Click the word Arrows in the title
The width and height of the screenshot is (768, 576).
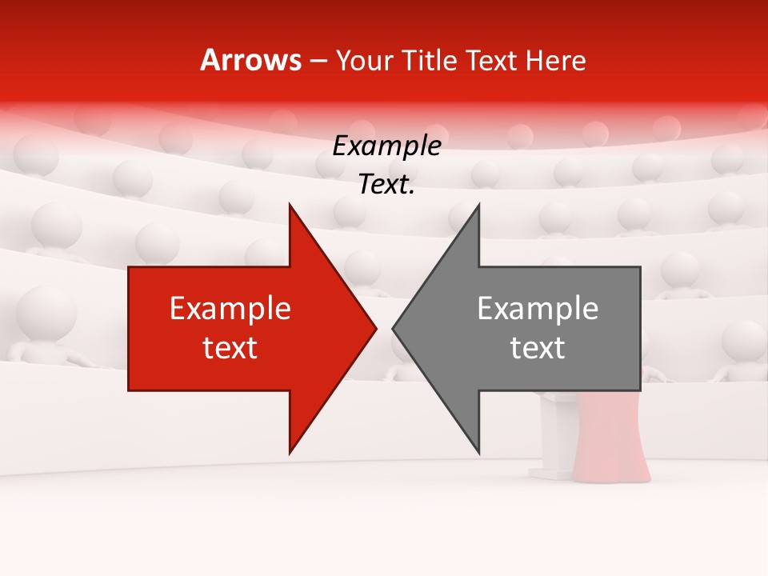coord(251,60)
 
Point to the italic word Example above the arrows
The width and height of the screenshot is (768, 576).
coord(386,146)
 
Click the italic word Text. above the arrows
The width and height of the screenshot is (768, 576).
coord(386,185)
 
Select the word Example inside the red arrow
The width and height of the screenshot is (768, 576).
coord(230,309)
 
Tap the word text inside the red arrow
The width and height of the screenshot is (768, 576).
coord(230,348)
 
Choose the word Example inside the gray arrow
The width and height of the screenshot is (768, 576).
coord(538,309)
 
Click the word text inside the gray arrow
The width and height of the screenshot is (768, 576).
coord(538,348)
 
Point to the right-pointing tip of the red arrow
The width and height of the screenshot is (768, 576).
coord(375,328)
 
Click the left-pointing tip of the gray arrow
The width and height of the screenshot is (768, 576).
coord(394,328)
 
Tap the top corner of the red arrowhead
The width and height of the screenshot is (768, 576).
coord(290,206)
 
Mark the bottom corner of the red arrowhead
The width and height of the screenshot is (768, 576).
coord(290,452)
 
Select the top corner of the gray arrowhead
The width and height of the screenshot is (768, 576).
coord(478,206)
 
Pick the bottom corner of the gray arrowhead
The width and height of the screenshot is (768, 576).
coord(478,452)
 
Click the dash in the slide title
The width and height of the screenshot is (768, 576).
coord(317,61)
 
